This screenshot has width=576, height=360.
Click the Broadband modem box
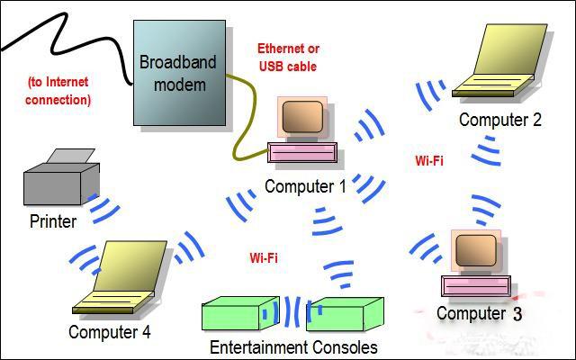click(x=180, y=73)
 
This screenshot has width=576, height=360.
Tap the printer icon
click(x=61, y=177)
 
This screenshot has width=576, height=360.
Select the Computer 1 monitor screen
click(x=302, y=117)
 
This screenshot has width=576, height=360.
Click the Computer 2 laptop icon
click(x=499, y=60)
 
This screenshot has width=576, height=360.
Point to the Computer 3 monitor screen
click(x=476, y=250)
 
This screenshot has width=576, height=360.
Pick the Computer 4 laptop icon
click(x=120, y=277)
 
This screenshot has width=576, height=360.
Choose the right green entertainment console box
click(x=346, y=314)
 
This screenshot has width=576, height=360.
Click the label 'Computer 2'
click(x=500, y=120)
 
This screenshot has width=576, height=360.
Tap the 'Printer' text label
click(x=53, y=221)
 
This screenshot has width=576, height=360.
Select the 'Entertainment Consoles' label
click(x=293, y=347)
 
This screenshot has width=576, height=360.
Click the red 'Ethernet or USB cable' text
click(x=288, y=58)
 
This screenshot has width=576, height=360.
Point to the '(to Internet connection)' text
click(x=58, y=91)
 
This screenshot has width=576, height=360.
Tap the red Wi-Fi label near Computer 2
click(x=429, y=160)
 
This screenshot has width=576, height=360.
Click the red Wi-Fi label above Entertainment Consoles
click(x=264, y=258)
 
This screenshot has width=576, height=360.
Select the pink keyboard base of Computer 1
click(x=302, y=152)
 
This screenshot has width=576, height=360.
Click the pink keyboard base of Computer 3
click(x=476, y=286)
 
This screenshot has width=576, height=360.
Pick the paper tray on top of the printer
click(x=71, y=156)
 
